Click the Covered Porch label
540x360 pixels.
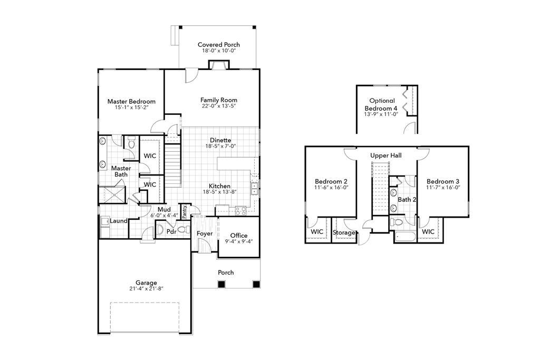218,45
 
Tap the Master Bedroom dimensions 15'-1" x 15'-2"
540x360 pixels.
131,108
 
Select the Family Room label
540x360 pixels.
218,100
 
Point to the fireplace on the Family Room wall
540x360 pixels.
218,65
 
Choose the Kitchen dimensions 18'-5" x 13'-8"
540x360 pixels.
219,192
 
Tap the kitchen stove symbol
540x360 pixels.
240,211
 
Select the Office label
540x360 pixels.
239,236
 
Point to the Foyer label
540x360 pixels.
205,233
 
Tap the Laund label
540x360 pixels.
119,221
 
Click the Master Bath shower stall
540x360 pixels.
112,194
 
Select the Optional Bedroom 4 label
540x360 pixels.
382,104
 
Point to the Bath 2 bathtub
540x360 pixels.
404,236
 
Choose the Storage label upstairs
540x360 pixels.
344,232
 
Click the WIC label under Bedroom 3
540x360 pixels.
428,231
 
